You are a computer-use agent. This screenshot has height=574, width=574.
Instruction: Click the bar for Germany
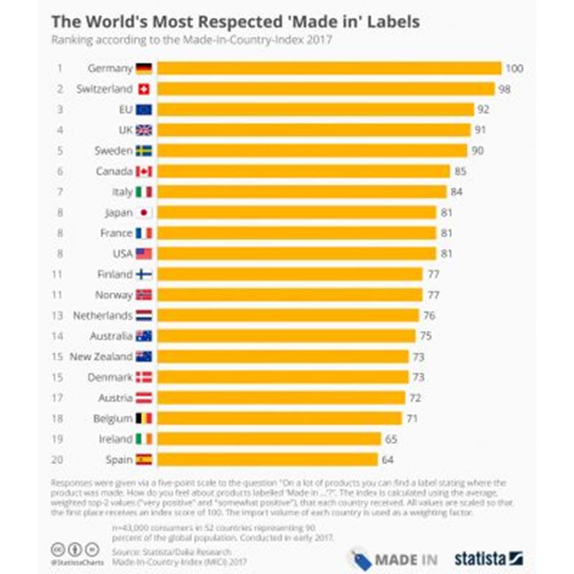(329, 69)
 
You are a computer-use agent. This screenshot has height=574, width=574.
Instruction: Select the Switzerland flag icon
(143, 89)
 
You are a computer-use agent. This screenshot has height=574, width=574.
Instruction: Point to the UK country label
(125, 131)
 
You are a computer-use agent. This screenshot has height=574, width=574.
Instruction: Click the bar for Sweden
(312, 151)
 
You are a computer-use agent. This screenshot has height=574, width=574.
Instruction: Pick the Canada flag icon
(143, 171)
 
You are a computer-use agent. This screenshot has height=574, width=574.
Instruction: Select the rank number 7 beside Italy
(61, 192)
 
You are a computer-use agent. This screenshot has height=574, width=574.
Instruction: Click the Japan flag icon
(143, 212)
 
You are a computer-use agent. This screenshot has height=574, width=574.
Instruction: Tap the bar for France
(296, 233)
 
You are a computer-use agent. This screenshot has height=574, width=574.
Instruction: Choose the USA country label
(121, 253)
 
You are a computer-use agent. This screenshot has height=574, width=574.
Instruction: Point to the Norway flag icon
(143, 295)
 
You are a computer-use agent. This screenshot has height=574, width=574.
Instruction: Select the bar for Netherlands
(288, 315)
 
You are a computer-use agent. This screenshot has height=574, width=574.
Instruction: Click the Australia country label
(111, 336)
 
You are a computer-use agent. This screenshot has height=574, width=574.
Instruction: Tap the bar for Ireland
(269, 438)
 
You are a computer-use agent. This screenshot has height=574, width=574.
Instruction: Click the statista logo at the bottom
(489, 557)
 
